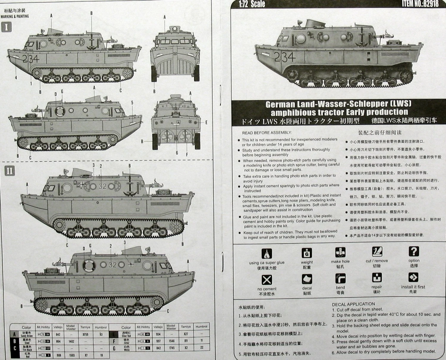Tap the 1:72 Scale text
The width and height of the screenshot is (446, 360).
click(x=252, y=4)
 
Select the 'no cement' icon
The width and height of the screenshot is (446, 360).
click(x=267, y=280)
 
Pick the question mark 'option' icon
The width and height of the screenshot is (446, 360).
click(x=414, y=251)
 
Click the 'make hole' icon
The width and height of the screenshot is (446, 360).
click(x=340, y=252)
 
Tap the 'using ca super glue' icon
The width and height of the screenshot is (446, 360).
click(x=267, y=254)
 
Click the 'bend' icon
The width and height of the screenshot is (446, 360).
click(x=340, y=279)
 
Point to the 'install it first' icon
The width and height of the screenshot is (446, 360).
click(x=413, y=277)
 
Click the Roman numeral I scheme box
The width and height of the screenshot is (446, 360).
click(x=7, y=27)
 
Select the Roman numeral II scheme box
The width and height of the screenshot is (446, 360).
click(x=10, y=171)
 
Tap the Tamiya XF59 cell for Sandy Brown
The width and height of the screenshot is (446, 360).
click(x=85, y=334)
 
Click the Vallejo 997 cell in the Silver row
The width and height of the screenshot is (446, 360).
click(x=158, y=341)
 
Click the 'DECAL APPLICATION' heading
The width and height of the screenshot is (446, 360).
click(x=353, y=304)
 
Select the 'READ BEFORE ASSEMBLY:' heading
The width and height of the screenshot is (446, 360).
click(x=267, y=133)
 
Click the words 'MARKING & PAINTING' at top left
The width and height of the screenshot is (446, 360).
click(x=15, y=16)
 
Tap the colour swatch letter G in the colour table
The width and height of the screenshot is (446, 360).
click(x=114, y=348)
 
